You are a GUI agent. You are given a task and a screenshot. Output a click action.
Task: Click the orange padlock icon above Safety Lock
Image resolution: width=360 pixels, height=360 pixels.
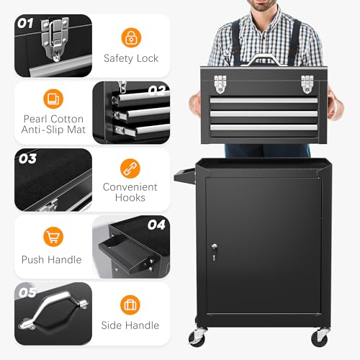131,37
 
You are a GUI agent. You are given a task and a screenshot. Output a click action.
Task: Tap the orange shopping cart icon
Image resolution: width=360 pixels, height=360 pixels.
53,237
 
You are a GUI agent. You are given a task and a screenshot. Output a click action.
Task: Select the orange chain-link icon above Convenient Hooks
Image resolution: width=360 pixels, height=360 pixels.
130,168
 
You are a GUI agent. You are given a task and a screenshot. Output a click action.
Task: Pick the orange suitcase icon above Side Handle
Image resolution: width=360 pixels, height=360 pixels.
130,305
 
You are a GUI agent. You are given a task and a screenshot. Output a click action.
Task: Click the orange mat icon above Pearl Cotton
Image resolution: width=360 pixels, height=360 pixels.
53,99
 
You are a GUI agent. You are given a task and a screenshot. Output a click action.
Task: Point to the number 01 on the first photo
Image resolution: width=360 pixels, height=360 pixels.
25,23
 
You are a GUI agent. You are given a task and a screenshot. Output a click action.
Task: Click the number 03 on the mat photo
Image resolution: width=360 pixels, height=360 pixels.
27,159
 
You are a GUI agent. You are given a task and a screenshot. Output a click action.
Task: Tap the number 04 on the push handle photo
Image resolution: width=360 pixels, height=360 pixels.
156,225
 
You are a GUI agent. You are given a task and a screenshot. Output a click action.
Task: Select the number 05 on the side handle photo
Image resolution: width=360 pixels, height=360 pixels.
27,292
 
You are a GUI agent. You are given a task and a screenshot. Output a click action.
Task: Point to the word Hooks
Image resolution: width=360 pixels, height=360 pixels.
130,198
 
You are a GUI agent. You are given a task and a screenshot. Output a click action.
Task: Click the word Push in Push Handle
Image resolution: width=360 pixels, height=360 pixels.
33,260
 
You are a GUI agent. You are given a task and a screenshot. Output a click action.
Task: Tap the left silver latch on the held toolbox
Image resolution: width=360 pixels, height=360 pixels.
220,84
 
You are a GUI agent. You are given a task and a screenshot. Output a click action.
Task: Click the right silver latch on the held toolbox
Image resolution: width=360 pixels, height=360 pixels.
307,84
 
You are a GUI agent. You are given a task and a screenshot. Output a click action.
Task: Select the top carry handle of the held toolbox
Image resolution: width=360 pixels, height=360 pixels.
264,58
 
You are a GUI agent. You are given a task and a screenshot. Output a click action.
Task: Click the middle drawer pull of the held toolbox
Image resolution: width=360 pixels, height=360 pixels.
264,114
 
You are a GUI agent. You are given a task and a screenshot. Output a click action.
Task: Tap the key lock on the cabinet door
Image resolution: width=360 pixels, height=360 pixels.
215,251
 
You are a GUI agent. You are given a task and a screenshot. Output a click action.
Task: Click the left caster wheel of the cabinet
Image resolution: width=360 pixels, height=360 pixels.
197,336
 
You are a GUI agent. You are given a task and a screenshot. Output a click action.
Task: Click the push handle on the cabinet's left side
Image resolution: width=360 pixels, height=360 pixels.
185,176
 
